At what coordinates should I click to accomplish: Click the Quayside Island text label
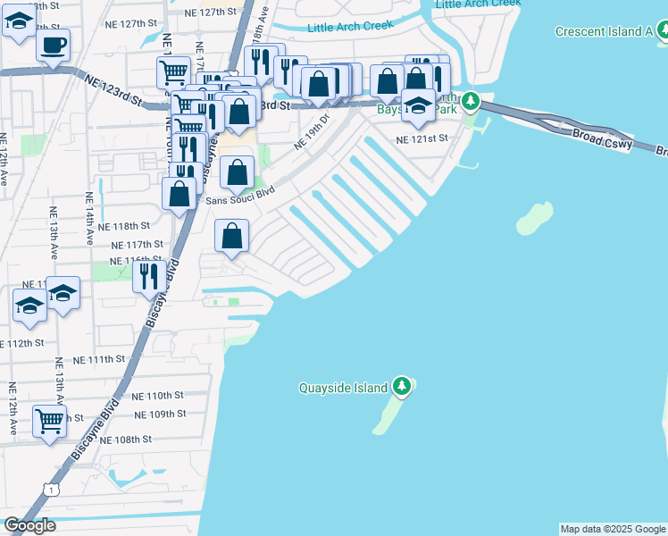[x=343, y=388]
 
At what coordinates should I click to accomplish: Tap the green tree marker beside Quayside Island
[x=403, y=387]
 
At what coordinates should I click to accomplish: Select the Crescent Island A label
[x=604, y=31]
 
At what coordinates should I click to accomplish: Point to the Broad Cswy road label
[x=603, y=138]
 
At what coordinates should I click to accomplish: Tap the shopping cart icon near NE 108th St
[x=50, y=420]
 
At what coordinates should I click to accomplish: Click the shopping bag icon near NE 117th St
[x=232, y=237]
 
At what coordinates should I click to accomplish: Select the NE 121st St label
[x=421, y=139]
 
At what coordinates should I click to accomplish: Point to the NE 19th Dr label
[x=313, y=130]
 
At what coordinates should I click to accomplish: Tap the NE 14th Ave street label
[x=89, y=219]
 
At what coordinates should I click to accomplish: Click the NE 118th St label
[x=137, y=226]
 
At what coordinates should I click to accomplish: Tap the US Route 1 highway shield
[x=54, y=490]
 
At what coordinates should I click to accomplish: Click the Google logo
[x=29, y=525]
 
